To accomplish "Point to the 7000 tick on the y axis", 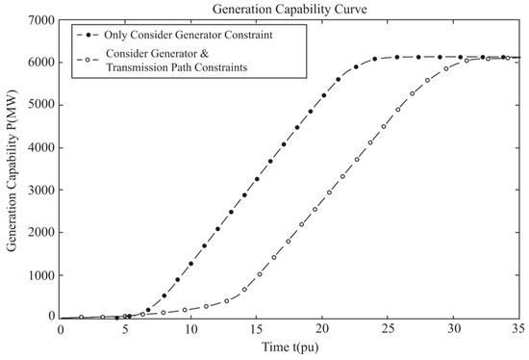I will (40, 19).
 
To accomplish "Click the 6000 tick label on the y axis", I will (40, 62).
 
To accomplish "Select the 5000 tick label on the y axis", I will (40, 104).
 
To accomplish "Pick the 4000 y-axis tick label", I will (40, 146).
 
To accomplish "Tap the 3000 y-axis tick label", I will (40, 190).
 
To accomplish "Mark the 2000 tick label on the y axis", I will (40, 232).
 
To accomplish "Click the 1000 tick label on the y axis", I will (40, 274).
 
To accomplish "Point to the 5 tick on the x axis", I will (126, 329).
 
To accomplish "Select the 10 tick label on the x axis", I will (191, 329).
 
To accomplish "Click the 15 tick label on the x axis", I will (257, 329).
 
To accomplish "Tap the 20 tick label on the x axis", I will (322, 329).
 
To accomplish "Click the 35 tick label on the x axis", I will (517, 329).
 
